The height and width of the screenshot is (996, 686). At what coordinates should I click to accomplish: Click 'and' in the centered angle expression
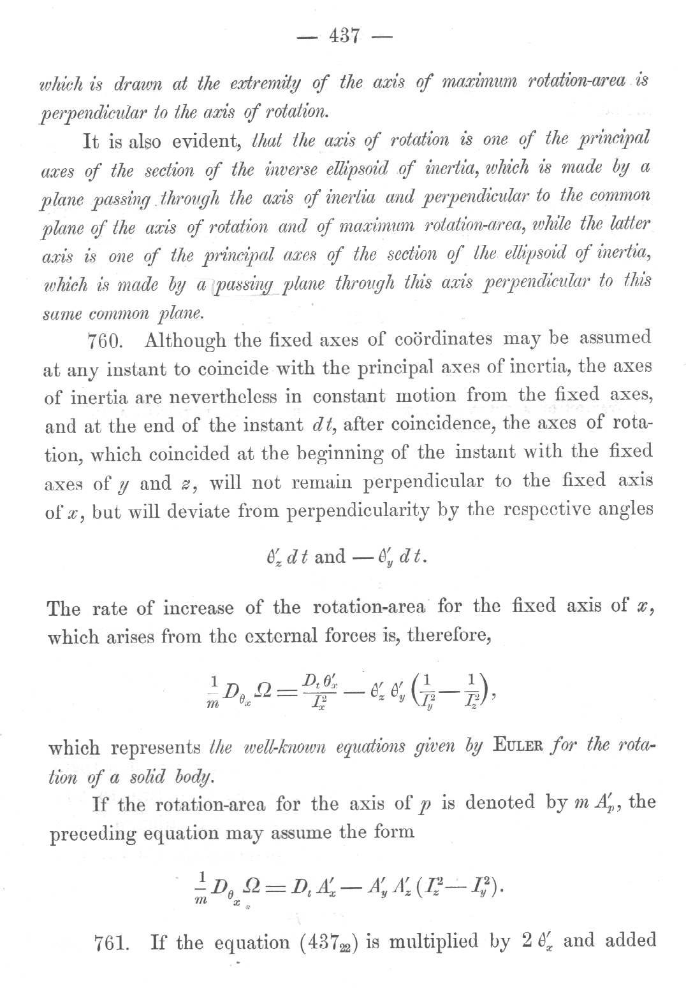tap(330, 557)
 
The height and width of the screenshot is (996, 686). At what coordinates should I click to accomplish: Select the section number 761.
tap(113, 942)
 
